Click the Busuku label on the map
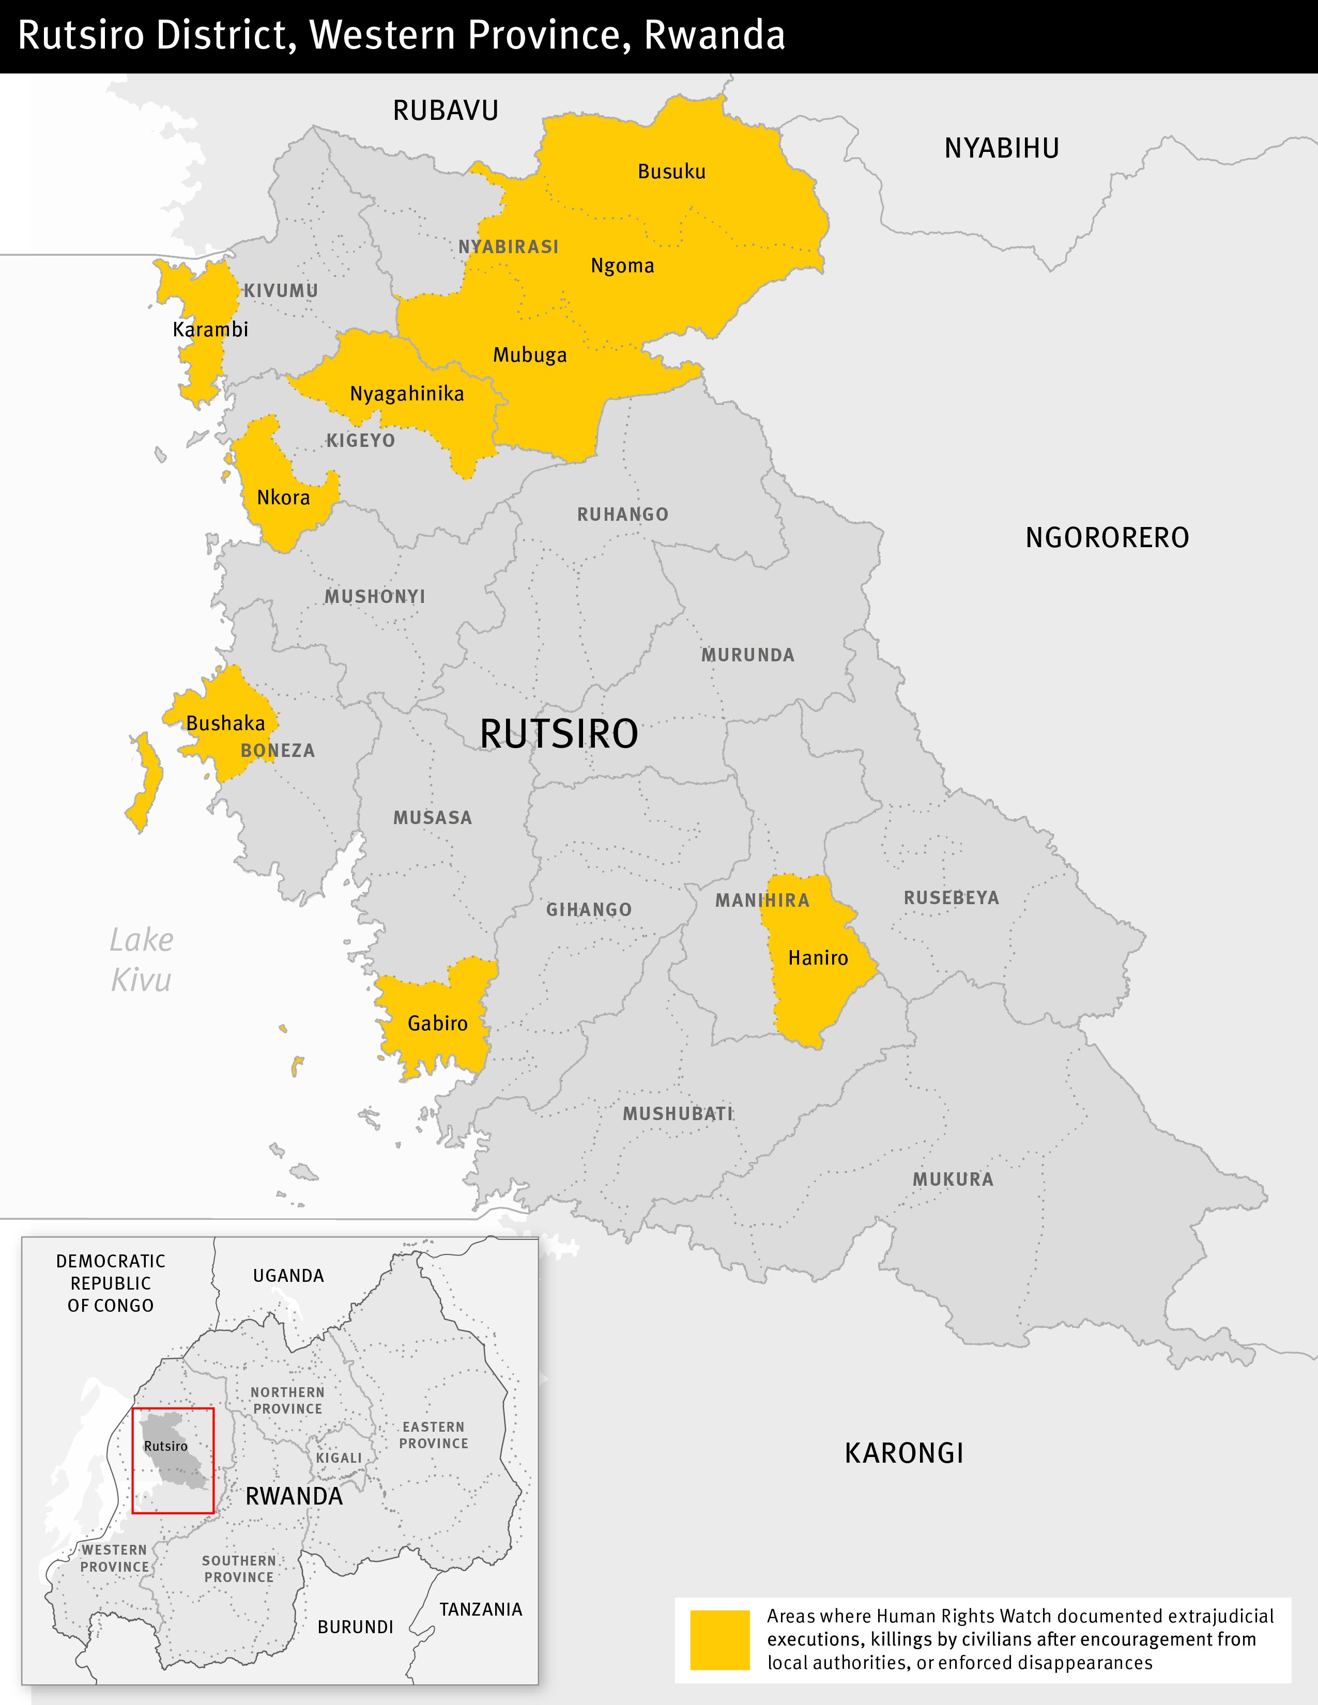671,172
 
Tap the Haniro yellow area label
818,958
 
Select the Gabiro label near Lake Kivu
437,1024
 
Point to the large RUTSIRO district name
559,734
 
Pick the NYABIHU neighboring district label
1002,148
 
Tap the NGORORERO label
1107,538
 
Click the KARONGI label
904,1453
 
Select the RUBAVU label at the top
445,111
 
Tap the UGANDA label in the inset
288,1276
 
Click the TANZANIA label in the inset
480,1609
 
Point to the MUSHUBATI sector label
678,1114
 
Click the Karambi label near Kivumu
210,330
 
